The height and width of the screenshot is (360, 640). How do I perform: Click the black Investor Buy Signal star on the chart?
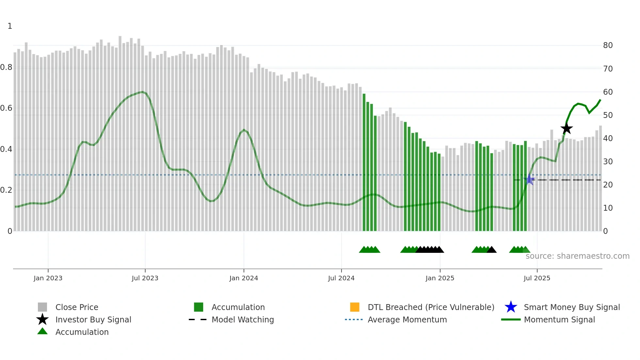pyautogui.click(x=567, y=129)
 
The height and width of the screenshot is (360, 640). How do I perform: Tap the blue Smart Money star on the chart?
pyautogui.click(x=529, y=180)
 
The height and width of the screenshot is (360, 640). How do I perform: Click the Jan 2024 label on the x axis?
pyautogui.click(x=244, y=278)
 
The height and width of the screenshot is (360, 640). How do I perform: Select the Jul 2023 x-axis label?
pyautogui.click(x=145, y=278)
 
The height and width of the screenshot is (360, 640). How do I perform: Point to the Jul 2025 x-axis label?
pyautogui.click(x=537, y=278)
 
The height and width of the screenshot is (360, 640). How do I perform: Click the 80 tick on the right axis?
pyautogui.click(x=608, y=45)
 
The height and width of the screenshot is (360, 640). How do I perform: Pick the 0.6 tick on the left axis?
pyautogui.click(x=6, y=108)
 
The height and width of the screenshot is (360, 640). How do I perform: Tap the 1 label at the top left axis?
pyautogui.click(x=10, y=26)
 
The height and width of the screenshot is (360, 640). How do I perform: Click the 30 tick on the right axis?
pyautogui.click(x=608, y=162)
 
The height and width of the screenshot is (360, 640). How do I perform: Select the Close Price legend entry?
pyautogui.click(x=77, y=307)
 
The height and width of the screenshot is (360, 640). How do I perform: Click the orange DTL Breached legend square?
pyautogui.click(x=355, y=307)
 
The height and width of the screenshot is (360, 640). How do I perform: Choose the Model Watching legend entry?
pyautogui.click(x=243, y=319)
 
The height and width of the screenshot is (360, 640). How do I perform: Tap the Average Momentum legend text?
pyautogui.click(x=407, y=319)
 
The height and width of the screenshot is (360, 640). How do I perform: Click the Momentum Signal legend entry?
pyautogui.click(x=559, y=319)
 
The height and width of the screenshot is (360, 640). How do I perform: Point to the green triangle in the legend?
pyautogui.click(x=42, y=331)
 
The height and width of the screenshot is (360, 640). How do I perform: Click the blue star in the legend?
pyautogui.click(x=511, y=307)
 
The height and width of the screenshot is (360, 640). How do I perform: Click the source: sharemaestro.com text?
pyautogui.click(x=577, y=256)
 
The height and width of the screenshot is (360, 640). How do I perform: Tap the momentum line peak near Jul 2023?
pyautogui.click(x=142, y=92)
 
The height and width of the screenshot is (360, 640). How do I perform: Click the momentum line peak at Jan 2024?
pyautogui.click(x=244, y=130)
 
